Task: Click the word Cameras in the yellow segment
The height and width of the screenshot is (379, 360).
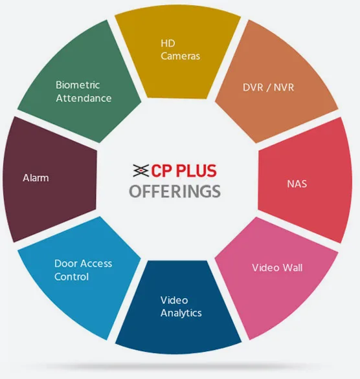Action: [180, 56]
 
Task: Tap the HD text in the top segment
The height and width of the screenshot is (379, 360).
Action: [168, 43]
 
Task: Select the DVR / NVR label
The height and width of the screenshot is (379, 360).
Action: [268, 87]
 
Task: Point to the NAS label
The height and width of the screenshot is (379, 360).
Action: [297, 184]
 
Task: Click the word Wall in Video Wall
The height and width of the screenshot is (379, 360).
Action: [293, 268]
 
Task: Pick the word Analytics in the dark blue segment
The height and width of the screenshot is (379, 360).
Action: [181, 313]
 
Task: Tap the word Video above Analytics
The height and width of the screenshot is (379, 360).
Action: [174, 300]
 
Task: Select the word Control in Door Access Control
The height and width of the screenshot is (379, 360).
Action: [71, 277]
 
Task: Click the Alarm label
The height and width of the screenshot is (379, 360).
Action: [36, 178]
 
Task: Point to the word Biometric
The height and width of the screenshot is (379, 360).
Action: [78, 85]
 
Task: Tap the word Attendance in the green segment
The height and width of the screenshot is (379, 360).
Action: [84, 98]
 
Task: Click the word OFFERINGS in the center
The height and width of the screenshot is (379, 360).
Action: [175, 191]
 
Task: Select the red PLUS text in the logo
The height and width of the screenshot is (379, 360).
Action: [196, 171]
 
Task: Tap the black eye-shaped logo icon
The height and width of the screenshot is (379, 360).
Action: [141, 170]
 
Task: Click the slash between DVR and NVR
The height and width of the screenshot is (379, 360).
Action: [268, 88]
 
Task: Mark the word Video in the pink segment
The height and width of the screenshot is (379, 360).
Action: [266, 268]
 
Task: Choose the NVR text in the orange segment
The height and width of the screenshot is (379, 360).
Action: [284, 87]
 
